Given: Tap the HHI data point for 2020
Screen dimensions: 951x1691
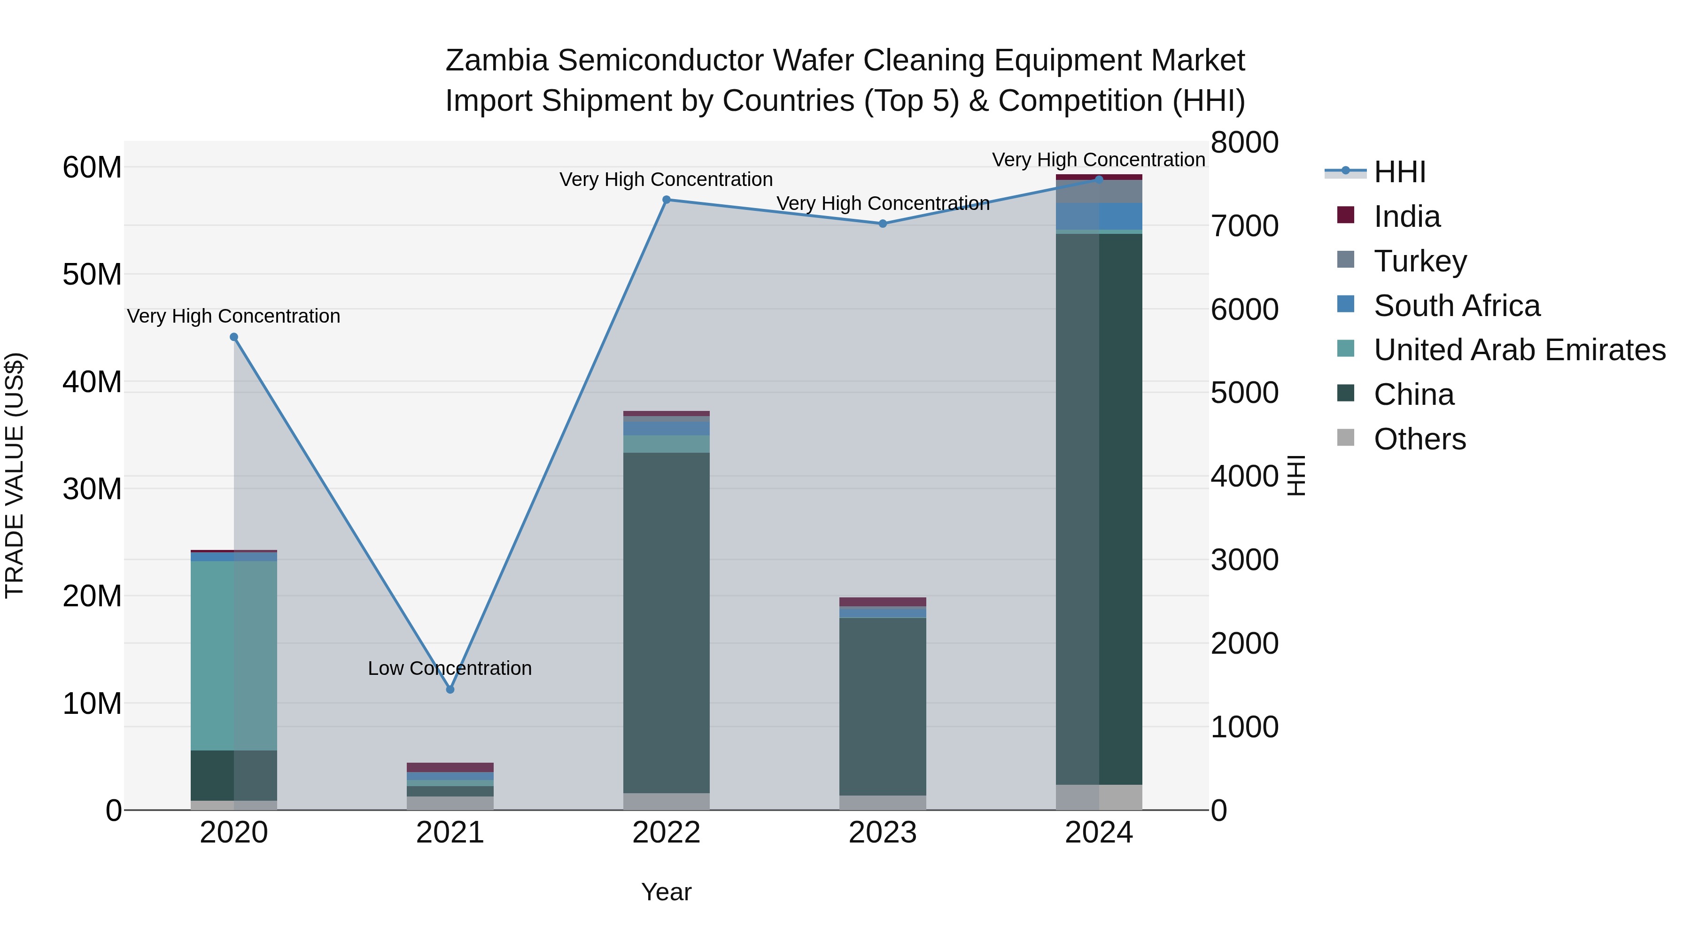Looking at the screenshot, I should coord(234,337).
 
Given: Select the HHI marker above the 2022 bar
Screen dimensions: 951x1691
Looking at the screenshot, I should coord(666,200).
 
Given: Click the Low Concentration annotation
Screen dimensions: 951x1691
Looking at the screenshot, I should coord(450,668).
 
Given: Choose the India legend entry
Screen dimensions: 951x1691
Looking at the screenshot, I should coord(1407,216).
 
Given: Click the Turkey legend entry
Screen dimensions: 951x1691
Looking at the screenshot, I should coord(1420,261).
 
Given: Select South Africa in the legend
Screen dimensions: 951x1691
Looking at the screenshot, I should coord(1457,305).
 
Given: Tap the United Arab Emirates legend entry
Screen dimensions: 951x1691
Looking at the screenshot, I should coord(1519,350).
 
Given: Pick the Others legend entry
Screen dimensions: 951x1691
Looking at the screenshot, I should coord(1419,439).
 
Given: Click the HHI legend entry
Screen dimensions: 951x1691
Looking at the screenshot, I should coord(1400,172).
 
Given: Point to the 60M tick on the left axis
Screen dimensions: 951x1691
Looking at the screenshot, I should coord(92,167).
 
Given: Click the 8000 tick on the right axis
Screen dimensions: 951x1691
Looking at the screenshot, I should coord(1244,142).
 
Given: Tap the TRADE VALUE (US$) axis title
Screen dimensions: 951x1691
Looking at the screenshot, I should coord(15,475).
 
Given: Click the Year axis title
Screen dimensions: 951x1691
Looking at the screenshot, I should coord(666,892).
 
